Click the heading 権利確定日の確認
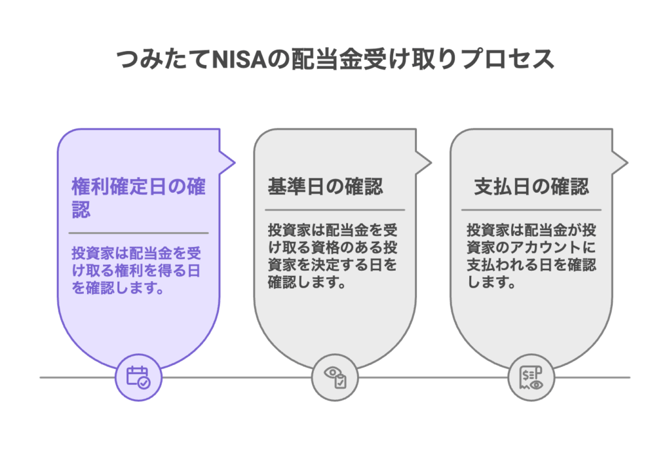(x=138, y=197)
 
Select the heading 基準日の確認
(x=325, y=187)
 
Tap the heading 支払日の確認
(x=531, y=187)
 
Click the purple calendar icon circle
(x=138, y=377)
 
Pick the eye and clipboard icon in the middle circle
(x=334, y=377)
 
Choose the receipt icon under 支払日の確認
(x=531, y=377)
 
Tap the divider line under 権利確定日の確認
(x=138, y=233)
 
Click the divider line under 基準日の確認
(x=335, y=210)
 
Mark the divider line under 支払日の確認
(x=531, y=210)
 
